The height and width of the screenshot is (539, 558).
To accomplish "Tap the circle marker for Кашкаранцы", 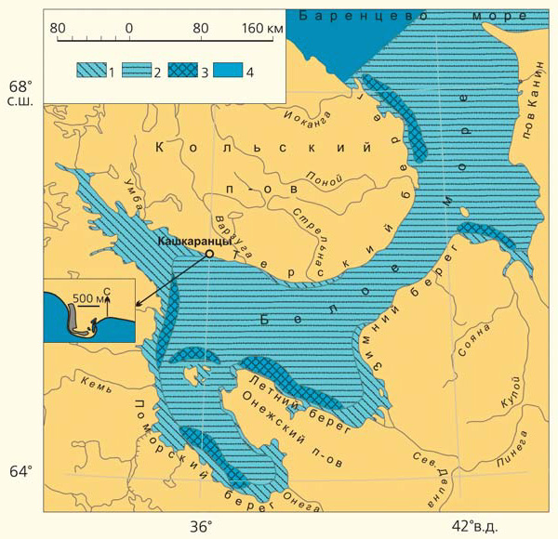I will click(210, 253).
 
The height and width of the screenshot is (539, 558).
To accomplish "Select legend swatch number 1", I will click(91, 72).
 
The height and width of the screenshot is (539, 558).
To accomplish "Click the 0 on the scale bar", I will click(128, 28).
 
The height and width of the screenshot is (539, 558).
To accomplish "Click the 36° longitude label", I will click(202, 526).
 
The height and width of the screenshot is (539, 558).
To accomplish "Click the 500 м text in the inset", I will click(86, 299).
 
